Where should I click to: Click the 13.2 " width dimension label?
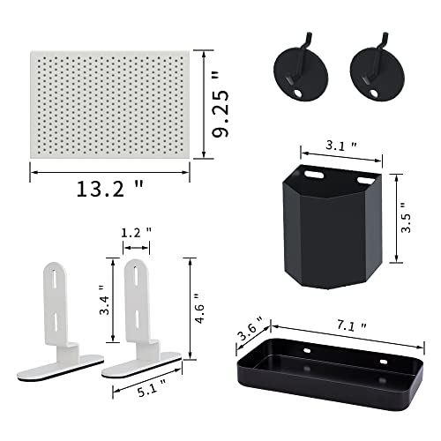coord(109,189)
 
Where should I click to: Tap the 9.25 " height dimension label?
coord(220,107)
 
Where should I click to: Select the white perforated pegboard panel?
coord(110,105)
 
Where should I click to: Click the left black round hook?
coord(301,71)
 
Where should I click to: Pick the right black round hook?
coord(377,71)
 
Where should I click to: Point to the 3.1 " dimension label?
coord(341,146)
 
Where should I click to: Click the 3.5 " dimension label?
coord(407,218)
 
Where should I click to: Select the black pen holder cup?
coord(333,227)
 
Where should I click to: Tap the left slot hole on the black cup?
coord(314,175)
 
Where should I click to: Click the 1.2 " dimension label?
coord(136,233)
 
